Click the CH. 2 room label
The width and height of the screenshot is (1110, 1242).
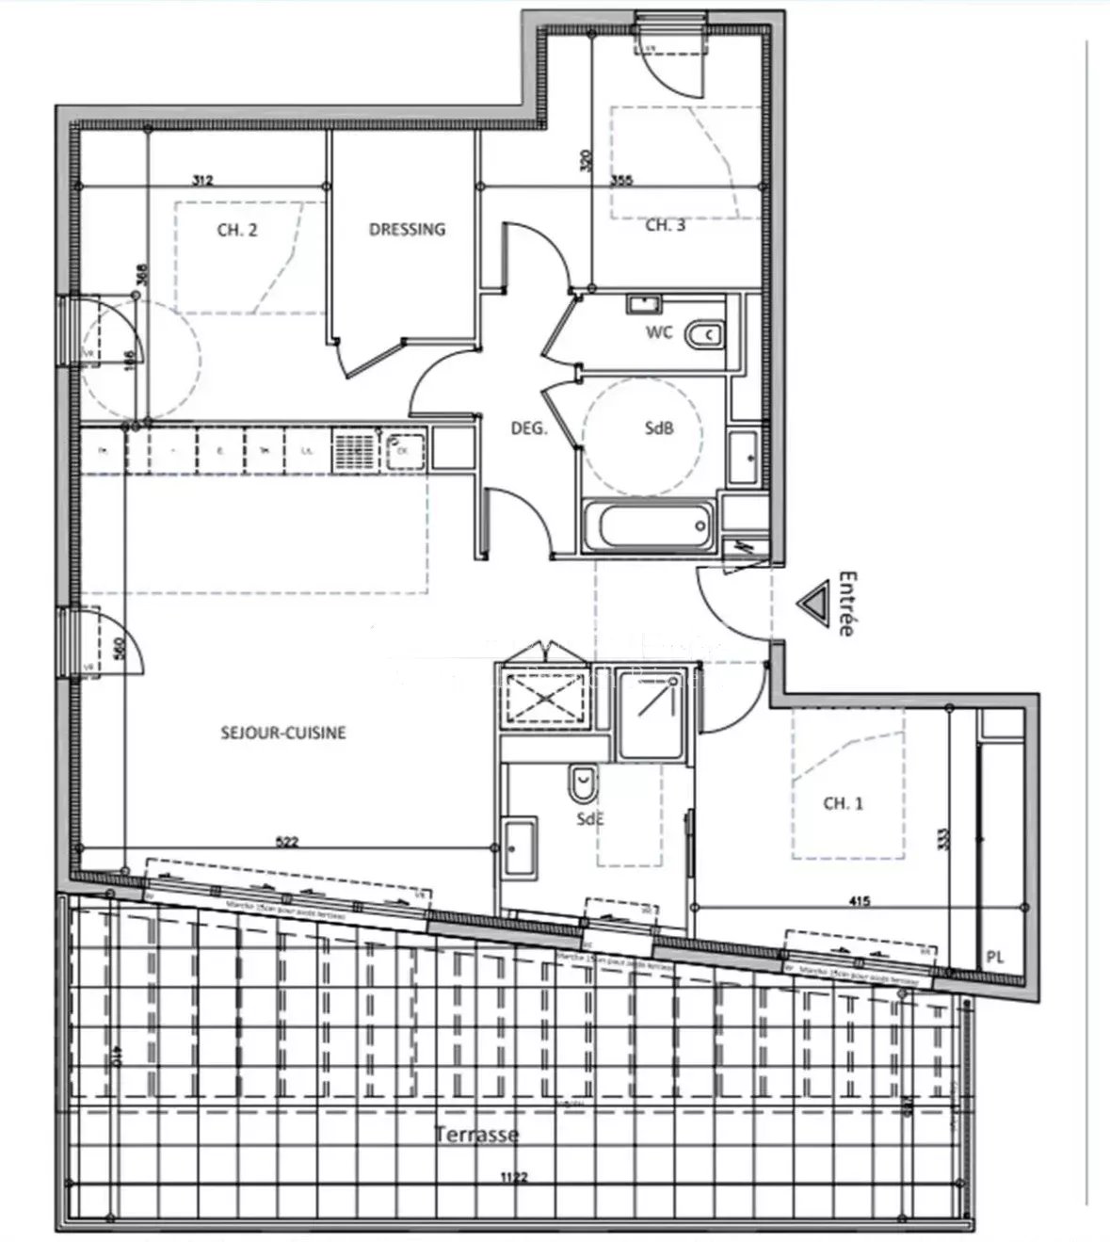(x=237, y=229)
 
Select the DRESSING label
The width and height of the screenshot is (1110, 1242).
(x=407, y=229)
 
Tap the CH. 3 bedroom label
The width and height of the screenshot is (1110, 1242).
(x=665, y=226)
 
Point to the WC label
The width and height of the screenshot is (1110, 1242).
(x=659, y=332)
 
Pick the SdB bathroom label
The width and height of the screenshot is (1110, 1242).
(x=659, y=428)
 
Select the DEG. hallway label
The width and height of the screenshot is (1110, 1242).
(x=528, y=428)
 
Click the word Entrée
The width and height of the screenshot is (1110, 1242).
(x=846, y=604)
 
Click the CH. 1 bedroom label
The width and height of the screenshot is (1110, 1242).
(x=843, y=803)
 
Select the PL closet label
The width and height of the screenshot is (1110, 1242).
(x=995, y=957)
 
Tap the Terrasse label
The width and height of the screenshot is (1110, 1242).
(x=476, y=1134)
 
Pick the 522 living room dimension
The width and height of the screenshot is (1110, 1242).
(x=286, y=842)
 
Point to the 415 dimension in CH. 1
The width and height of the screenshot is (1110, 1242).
(x=859, y=901)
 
